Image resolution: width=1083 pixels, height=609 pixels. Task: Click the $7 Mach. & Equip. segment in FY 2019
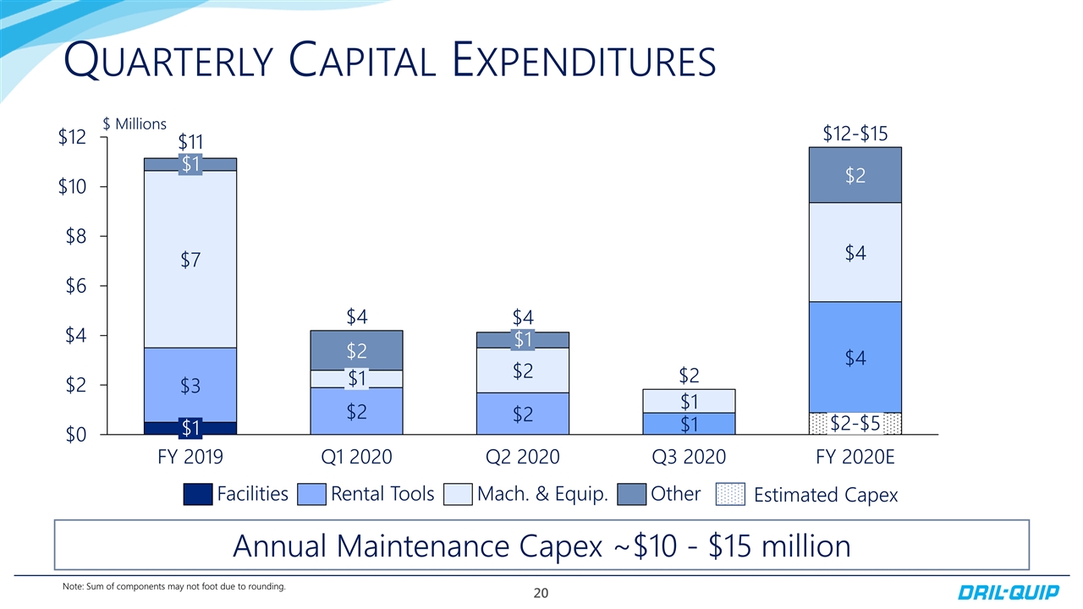[x=190, y=258]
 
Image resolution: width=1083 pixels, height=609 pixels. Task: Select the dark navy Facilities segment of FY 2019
[x=190, y=428]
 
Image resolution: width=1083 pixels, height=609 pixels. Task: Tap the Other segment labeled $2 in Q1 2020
[x=356, y=350]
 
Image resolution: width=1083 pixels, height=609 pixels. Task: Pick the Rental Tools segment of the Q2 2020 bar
[x=522, y=414]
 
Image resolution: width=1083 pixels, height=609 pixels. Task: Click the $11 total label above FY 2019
[x=191, y=141]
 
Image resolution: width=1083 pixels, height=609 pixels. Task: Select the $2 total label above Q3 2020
[x=690, y=374]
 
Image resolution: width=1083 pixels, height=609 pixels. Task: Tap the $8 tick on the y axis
[x=74, y=236]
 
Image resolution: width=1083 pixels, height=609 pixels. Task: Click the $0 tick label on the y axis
[x=74, y=435]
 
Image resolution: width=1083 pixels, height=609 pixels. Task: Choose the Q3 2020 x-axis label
[x=689, y=458]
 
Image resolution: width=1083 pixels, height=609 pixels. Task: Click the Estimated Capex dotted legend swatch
[x=731, y=494]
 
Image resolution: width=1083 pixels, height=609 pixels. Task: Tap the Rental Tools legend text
[x=382, y=494]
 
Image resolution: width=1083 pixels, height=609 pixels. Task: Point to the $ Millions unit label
[x=134, y=123]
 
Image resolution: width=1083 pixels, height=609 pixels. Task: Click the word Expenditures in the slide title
[x=585, y=61]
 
